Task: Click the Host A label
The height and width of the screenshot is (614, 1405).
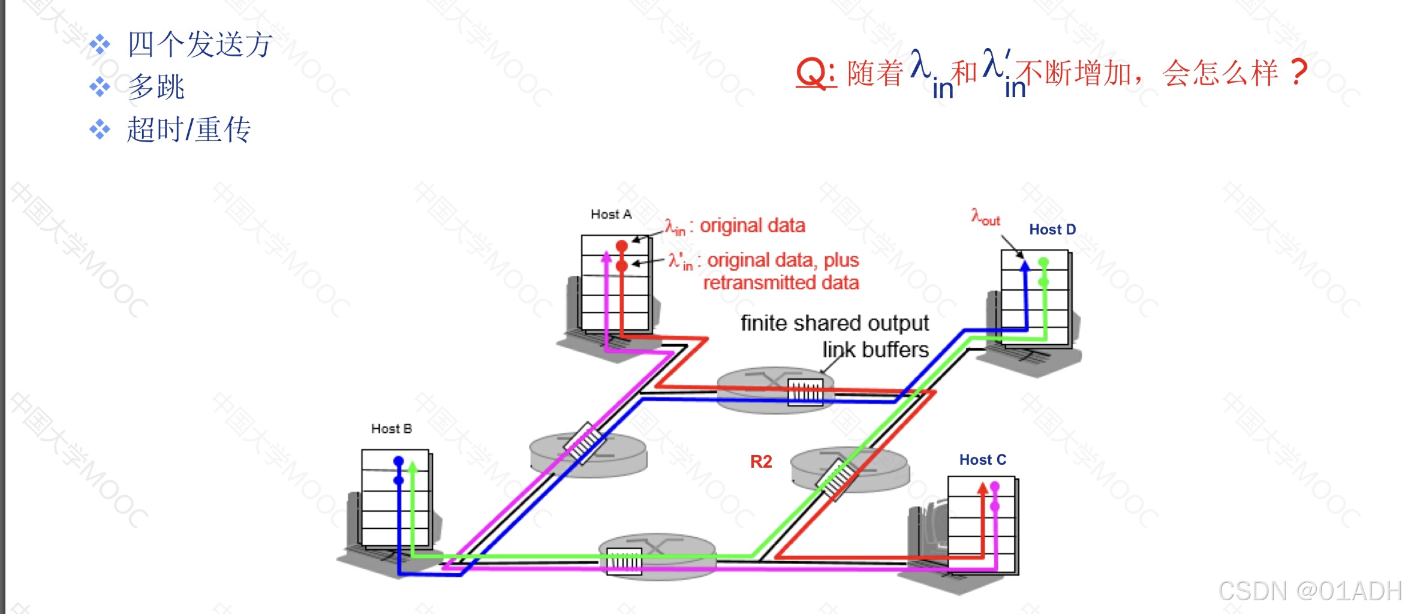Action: [x=610, y=214]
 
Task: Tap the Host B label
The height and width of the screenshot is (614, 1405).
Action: [x=391, y=429]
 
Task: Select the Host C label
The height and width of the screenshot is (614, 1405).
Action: [x=982, y=460]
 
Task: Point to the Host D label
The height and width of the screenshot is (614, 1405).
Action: [x=1052, y=230]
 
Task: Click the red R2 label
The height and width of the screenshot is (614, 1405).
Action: [x=760, y=462]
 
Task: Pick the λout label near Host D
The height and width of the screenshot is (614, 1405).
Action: [x=985, y=217]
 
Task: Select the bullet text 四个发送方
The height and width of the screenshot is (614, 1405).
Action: [x=200, y=45]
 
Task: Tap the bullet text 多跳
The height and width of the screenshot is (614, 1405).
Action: [x=156, y=88]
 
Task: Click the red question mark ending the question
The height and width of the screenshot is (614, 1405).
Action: [x=1298, y=73]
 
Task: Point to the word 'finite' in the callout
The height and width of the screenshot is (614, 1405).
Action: [x=763, y=323]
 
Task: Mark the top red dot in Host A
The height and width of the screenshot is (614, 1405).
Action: [x=622, y=246]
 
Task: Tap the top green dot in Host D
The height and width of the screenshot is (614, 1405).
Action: [x=1043, y=262]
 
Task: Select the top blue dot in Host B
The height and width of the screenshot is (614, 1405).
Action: [x=399, y=461]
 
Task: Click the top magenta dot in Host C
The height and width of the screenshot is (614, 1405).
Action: [x=995, y=486]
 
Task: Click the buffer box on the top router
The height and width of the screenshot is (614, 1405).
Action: [x=805, y=393]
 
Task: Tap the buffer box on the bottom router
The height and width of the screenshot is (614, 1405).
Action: [x=624, y=562]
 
